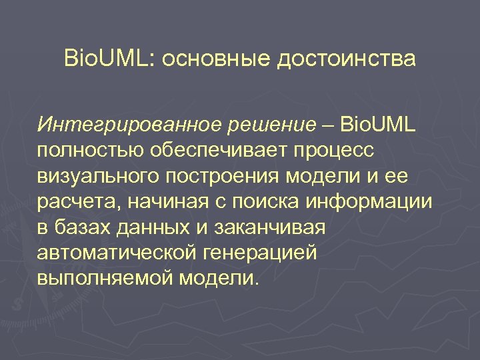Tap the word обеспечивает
click(221, 150)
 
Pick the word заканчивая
click(271, 227)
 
